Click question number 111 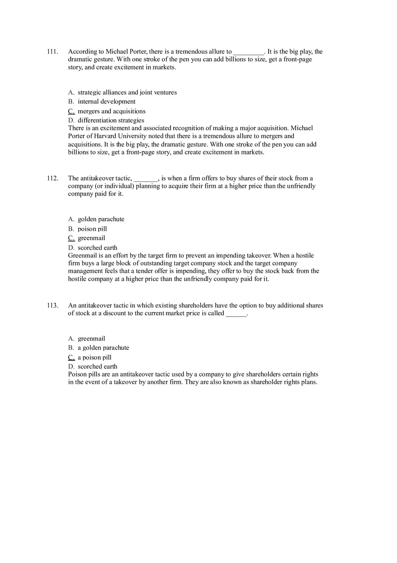tap(52, 51)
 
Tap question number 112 tap(52, 178)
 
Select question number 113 tap(52, 306)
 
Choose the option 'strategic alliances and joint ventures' tap(127, 93)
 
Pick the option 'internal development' tap(106, 102)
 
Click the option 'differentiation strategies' tap(111, 121)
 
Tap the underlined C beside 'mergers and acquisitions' tap(71, 111)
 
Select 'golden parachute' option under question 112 tap(101, 219)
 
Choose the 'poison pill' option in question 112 tap(92, 229)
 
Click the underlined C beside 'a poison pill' tap(71, 358)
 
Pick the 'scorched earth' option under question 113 tap(97, 367)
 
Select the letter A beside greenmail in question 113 tap(71, 339)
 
